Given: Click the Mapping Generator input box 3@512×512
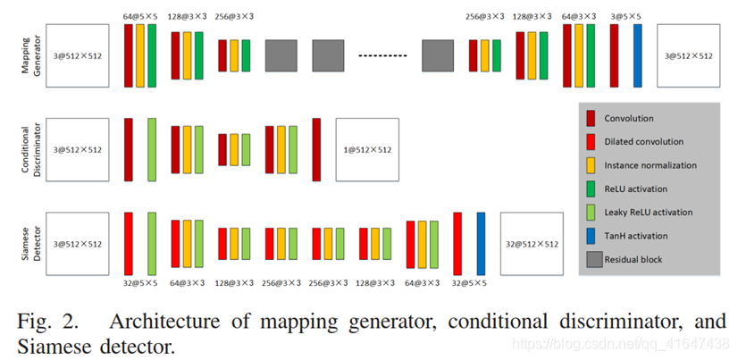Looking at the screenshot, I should (75, 55).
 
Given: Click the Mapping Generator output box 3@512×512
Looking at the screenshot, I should (688, 55).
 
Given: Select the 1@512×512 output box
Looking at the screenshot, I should (366, 149).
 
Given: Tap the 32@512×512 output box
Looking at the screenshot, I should (532, 243).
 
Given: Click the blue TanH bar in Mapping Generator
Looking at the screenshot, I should (637, 55).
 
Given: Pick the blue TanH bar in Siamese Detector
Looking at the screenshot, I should (481, 243).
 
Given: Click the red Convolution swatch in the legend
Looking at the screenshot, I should (591, 118).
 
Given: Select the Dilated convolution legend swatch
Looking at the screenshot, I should (591, 141).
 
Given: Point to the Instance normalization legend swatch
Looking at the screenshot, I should (591, 165).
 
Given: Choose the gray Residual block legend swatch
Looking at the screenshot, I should (591, 259).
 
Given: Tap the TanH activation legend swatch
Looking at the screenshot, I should (591, 236).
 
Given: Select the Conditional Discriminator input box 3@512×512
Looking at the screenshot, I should (75, 149).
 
